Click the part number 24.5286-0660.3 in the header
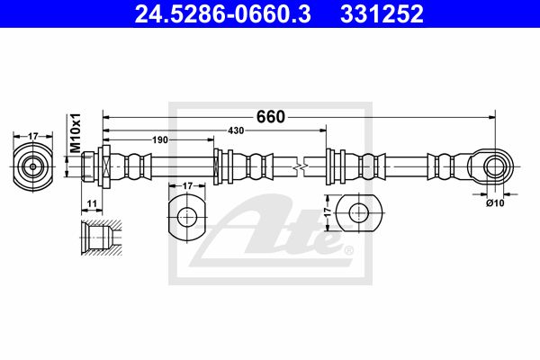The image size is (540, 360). click(x=222, y=14)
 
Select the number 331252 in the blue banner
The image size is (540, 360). click(x=382, y=14)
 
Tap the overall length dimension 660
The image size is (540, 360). click(x=271, y=117)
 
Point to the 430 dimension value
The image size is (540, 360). click(x=236, y=130)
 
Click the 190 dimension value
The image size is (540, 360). click(x=160, y=139)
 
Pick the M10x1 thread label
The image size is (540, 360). click(x=75, y=132)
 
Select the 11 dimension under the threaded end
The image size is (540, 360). click(x=92, y=203)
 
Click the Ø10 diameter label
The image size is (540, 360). click(x=495, y=203)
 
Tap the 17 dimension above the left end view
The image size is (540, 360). click(x=32, y=137)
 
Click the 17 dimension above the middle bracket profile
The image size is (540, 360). click(x=187, y=186)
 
